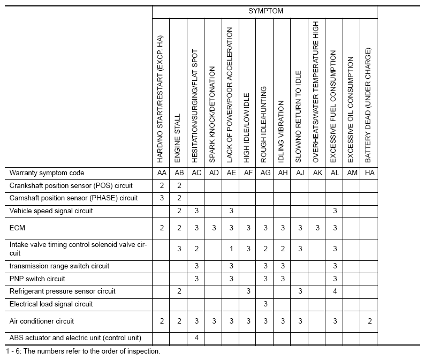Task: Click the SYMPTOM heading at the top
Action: [265, 11]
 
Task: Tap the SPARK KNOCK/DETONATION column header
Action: [213, 115]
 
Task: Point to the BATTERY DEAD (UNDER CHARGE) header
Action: [368, 105]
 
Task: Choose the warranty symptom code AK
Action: [317, 173]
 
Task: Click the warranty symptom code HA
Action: [368, 173]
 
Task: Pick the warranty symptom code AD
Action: [214, 173]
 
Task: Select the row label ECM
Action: [17, 228]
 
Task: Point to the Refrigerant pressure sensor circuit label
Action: [62, 291]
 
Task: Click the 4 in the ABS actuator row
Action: [196, 338]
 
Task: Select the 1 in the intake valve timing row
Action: [231, 249]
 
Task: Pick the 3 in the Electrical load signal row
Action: [265, 304]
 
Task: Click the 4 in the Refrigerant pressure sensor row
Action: [334, 291]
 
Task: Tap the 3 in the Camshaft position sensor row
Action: [162, 198]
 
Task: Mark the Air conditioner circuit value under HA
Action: [368, 321]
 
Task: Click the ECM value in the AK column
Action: [317, 228]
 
